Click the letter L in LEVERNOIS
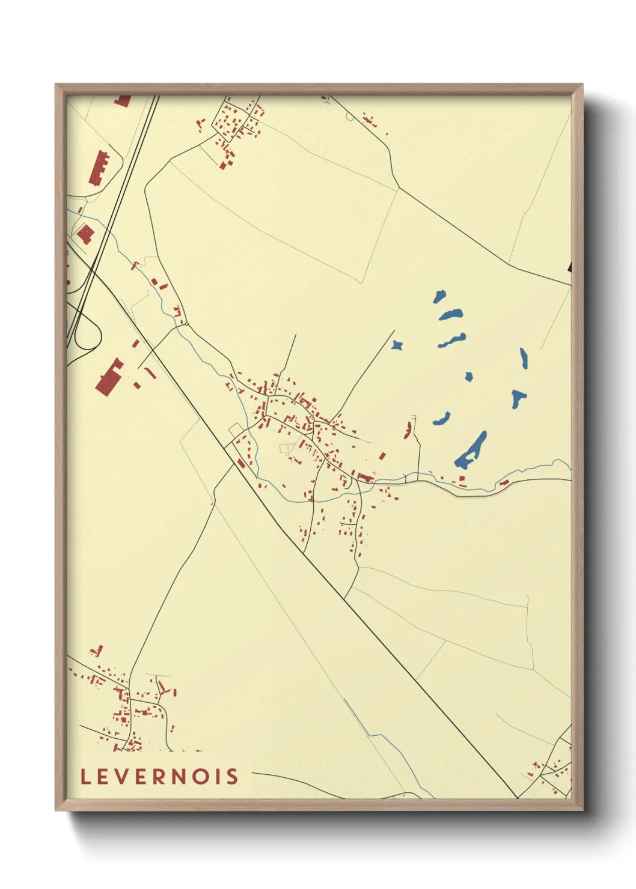pyautogui.click(x=85, y=777)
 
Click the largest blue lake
pyautogui.click(x=471, y=451)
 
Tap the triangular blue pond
pyautogui.click(x=518, y=397)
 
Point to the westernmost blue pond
pyautogui.click(x=397, y=345)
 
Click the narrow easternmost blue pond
pyautogui.click(x=524, y=359)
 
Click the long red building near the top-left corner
pyautogui.click(x=100, y=168)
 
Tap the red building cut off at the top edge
pyautogui.click(x=123, y=100)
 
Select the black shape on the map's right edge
pyautogui.click(x=569, y=267)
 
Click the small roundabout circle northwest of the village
pyautogui.click(x=187, y=324)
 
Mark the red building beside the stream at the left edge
pyautogui.click(x=85, y=234)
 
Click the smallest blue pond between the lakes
pyautogui.click(x=468, y=377)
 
